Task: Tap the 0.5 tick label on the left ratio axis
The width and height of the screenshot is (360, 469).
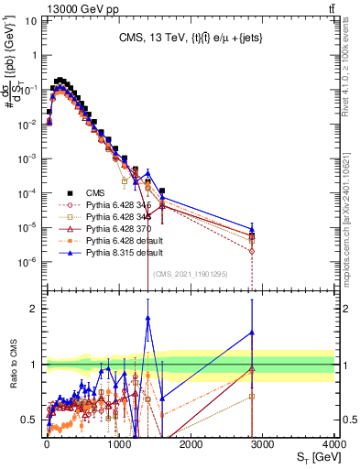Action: point(29,420)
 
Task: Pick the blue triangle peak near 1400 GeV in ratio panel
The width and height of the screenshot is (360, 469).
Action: point(147,318)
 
